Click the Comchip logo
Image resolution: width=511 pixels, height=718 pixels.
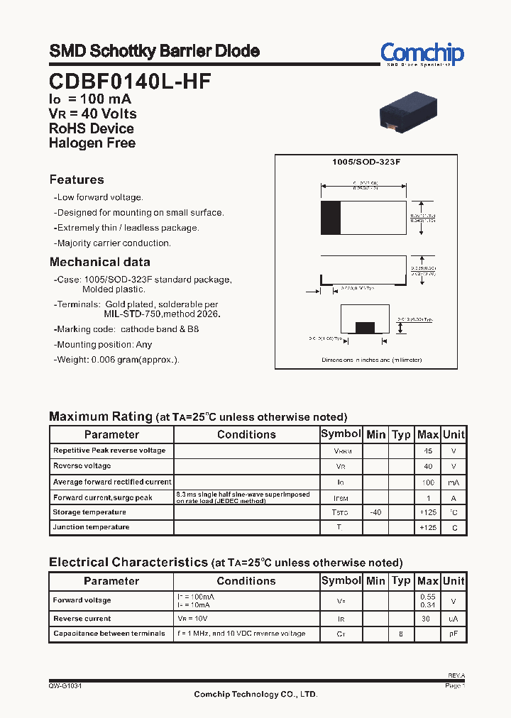click(x=422, y=54)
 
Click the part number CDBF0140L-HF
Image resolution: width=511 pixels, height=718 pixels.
click(x=130, y=81)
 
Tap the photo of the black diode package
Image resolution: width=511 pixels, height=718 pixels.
click(x=408, y=111)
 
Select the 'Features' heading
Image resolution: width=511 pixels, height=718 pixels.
click(x=77, y=179)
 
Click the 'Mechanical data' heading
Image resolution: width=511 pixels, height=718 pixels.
click(x=99, y=262)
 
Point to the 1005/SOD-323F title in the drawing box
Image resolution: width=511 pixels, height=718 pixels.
click(x=366, y=162)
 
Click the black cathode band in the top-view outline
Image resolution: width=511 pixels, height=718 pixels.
click(x=330, y=218)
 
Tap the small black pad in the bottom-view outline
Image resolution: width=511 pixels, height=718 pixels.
click(x=365, y=327)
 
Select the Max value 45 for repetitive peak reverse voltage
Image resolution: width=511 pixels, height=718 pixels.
click(x=428, y=451)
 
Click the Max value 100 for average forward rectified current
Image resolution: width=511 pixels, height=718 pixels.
click(x=428, y=482)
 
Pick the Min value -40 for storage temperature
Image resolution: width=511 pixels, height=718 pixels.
click(x=375, y=512)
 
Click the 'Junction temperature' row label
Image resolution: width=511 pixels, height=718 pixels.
click(x=91, y=527)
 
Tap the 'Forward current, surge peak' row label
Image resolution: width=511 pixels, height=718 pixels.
click(x=102, y=498)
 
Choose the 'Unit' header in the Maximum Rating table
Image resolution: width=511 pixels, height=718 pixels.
click(x=454, y=434)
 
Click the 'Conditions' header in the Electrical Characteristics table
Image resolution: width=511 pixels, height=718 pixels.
click(x=246, y=581)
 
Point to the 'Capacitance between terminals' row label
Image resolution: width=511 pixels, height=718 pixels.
click(x=109, y=634)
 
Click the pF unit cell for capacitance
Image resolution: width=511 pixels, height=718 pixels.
click(x=454, y=634)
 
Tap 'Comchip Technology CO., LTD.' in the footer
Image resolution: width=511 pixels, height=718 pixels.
click(x=255, y=695)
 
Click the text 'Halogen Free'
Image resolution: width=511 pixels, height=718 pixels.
click(x=92, y=143)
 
